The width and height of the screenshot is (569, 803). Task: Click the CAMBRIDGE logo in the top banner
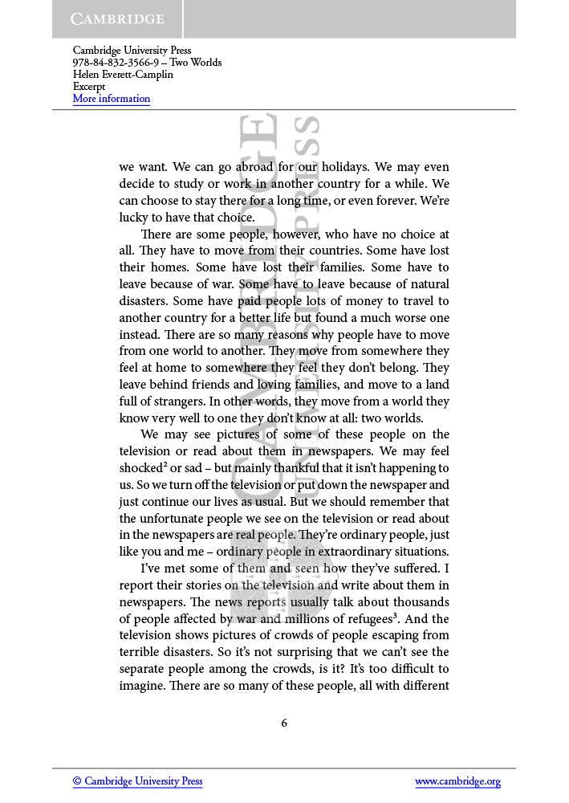pyautogui.click(x=117, y=18)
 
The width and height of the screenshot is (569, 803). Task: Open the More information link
pyautogui.click(x=112, y=99)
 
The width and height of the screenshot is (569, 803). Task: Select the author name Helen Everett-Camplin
pyautogui.click(x=123, y=75)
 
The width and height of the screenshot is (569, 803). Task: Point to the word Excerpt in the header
pyautogui.click(x=89, y=87)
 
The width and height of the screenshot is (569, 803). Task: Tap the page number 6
pyautogui.click(x=284, y=723)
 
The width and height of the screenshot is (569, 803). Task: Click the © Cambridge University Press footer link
pyautogui.click(x=137, y=781)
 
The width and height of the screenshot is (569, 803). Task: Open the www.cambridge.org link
pyautogui.click(x=457, y=781)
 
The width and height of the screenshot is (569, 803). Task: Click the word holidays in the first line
pyautogui.click(x=347, y=167)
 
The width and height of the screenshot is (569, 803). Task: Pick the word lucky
pyautogui.click(x=135, y=218)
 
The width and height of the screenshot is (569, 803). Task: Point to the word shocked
pyautogui.click(x=141, y=468)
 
